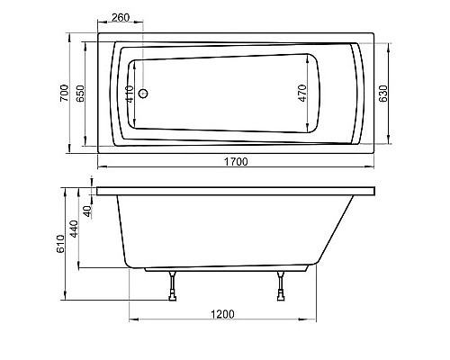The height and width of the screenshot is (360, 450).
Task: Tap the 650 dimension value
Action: pos(82,92)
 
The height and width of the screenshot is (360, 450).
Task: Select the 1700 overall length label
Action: pos(236,161)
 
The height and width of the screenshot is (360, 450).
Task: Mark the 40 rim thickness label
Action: pos(88,211)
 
